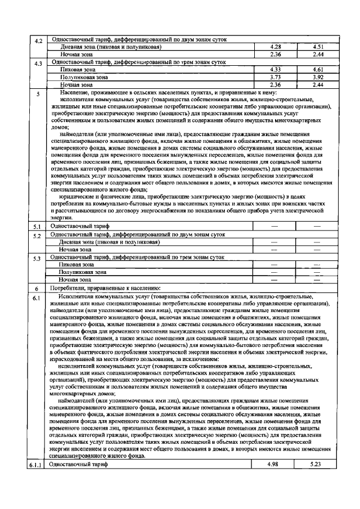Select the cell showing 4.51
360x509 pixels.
pyautogui.click(x=318, y=47)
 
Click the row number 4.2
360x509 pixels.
pyautogui.click(x=38, y=41)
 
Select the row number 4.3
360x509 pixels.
pyautogui.click(x=38, y=64)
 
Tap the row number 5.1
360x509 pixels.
pyautogui.click(x=38, y=227)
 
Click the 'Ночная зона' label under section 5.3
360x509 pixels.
pyautogui.click(x=75, y=279)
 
